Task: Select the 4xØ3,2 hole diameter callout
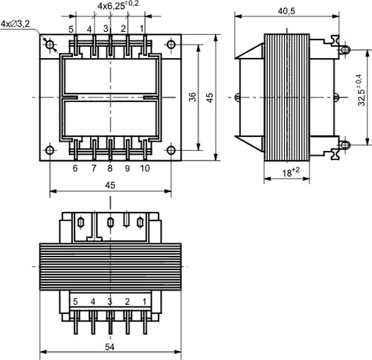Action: (x=16, y=24)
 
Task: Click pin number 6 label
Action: (x=75, y=169)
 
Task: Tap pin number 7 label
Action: (x=93, y=169)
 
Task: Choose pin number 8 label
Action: (x=110, y=169)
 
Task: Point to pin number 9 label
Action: (x=127, y=169)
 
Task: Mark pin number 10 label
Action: (x=144, y=169)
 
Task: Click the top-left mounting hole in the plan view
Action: (x=50, y=45)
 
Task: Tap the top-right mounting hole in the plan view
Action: (x=171, y=45)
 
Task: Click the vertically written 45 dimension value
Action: (x=210, y=97)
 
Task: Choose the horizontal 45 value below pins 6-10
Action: (x=110, y=186)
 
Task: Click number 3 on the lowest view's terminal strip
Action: (x=109, y=301)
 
